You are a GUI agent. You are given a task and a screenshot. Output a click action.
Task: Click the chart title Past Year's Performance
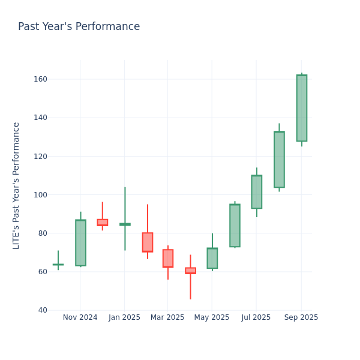point(79,27)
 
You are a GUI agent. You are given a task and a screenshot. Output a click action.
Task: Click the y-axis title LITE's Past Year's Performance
point(16,185)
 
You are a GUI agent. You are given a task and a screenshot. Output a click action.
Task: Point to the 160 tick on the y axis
point(40,79)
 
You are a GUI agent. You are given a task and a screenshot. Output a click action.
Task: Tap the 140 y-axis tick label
point(40,118)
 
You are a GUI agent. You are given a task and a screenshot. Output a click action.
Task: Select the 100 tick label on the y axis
point(40,194)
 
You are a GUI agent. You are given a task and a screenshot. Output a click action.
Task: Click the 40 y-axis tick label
point(42,310)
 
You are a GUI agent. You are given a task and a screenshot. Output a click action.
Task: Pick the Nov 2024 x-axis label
point(80,317)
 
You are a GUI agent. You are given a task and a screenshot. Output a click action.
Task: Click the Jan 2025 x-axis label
point(124,317)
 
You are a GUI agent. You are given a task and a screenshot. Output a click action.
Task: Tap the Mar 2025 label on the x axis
point(167,317)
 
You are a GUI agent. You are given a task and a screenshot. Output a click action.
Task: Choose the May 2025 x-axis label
point(212,317)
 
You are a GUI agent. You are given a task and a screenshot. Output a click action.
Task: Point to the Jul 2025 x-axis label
point(256,317)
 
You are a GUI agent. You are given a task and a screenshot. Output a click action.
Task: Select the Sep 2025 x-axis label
point(301,317)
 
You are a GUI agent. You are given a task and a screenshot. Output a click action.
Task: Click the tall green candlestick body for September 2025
point(301,108)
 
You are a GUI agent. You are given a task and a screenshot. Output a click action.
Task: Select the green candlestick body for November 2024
point(80,242)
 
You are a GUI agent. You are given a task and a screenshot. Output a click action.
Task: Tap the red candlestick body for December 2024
point(103,223)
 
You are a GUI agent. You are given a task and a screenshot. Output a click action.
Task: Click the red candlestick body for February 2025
point(147,242)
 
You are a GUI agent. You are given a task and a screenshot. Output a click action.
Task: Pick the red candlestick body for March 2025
point(168,258)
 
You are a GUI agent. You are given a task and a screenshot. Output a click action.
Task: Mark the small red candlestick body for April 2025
point(190,271)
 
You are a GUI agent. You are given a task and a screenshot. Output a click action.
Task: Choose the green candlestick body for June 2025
point(235,225)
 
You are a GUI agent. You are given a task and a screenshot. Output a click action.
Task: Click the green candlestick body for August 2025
point(279,159)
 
